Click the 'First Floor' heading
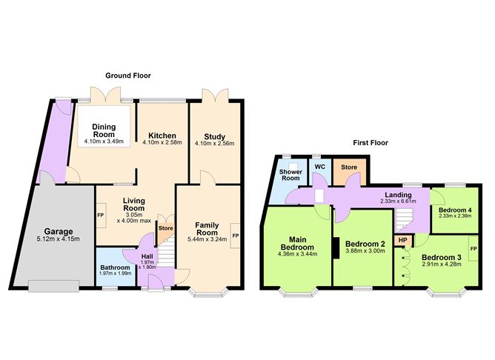point(370,143)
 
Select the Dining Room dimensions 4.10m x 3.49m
point(102,141)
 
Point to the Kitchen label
point(162,136)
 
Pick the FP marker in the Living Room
point(101,216)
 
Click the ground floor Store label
point(165,228)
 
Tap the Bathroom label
point(115,267)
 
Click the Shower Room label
point(289,175)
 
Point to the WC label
point(319,167)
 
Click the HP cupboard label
point(402,240)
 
